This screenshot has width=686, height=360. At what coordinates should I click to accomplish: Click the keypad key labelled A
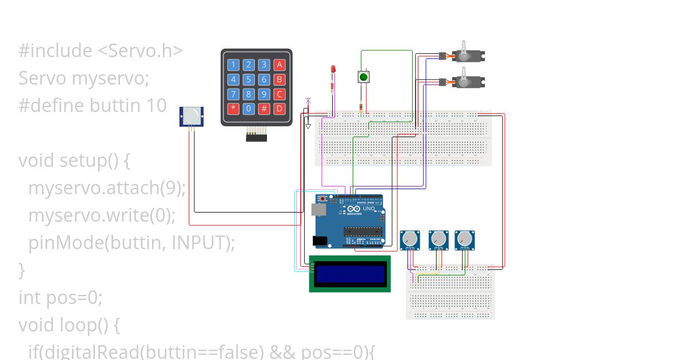279,65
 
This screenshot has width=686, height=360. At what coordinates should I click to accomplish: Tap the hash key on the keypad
264,109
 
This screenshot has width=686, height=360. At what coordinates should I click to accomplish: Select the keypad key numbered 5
249,79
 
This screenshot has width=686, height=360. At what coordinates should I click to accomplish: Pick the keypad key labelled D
279,109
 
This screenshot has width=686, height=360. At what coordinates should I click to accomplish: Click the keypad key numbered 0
249,109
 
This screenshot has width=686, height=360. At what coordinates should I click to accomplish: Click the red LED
333,70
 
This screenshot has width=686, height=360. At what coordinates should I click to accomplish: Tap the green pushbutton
363,77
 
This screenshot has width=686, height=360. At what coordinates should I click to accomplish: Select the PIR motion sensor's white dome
192,117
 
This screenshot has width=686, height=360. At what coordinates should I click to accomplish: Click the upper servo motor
469,56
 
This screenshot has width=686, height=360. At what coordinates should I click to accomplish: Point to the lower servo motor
469,82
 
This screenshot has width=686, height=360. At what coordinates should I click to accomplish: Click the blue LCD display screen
349,274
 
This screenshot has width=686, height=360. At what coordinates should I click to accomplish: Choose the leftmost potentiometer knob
409,239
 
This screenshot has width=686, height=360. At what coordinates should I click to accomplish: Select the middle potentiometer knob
438,239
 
